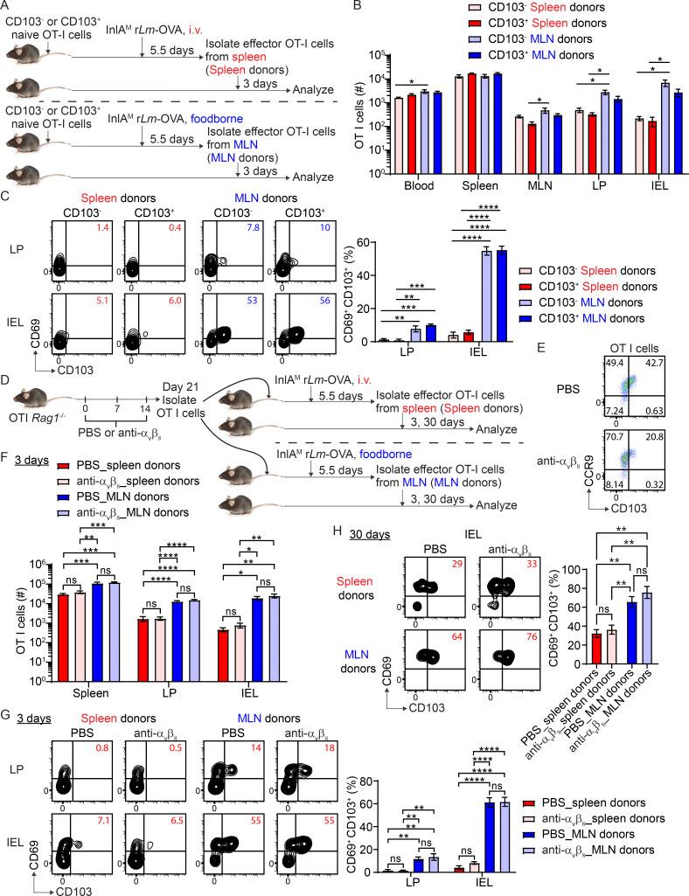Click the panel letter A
[x=8, y=8]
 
